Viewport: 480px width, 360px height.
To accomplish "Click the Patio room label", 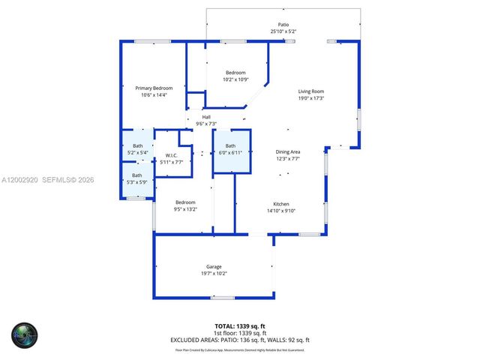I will point(283,25).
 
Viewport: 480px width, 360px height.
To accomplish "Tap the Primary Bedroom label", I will point(154,88).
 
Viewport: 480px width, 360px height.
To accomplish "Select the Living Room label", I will point(311,91).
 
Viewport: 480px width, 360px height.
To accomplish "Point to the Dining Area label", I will point(287,151).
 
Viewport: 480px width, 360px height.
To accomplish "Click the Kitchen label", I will point(281,204).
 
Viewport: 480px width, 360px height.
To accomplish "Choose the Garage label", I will point(214,267).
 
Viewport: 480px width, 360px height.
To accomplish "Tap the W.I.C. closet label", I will point(171,155).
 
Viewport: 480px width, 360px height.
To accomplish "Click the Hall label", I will point(206,117).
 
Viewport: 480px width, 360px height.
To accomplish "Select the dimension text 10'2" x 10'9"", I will point(235,79).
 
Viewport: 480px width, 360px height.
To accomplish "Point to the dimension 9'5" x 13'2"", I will point(185,209).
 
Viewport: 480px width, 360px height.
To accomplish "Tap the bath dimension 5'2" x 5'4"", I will point(138,152).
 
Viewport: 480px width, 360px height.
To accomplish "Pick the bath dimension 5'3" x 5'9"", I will point(137,181).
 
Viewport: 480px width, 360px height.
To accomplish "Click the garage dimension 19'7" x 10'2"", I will point(214,274).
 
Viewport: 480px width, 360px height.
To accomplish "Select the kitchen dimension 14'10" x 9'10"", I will point(281,211).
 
